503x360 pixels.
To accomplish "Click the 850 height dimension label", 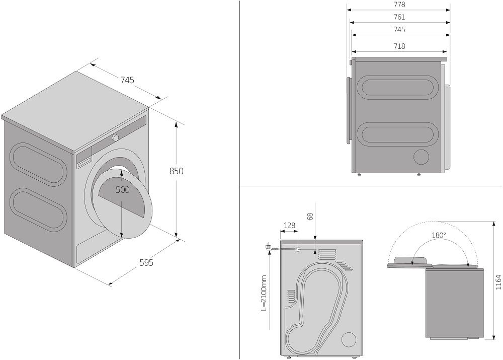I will (x=176, y=171).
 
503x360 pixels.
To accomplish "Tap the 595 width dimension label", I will (x=146, y=263).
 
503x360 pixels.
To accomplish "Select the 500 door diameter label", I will (x=122, y=190).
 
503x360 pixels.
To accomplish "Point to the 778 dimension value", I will (x=399, y=5).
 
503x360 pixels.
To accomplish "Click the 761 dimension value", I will (x=399, y=17).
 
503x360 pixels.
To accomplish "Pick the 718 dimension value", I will (x=399, y=46).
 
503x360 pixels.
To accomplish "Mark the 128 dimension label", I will (x=289, y=226).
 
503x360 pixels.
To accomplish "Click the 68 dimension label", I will (x=310, y=217).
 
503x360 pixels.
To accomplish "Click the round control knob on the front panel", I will (x=116, y=137).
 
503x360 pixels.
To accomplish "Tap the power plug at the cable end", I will (x=268, y=247).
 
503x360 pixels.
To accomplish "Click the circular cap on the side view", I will (x=422, y=157).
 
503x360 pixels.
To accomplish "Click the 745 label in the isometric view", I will (x=127, y=80).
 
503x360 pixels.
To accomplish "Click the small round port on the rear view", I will (x=298, y=249).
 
